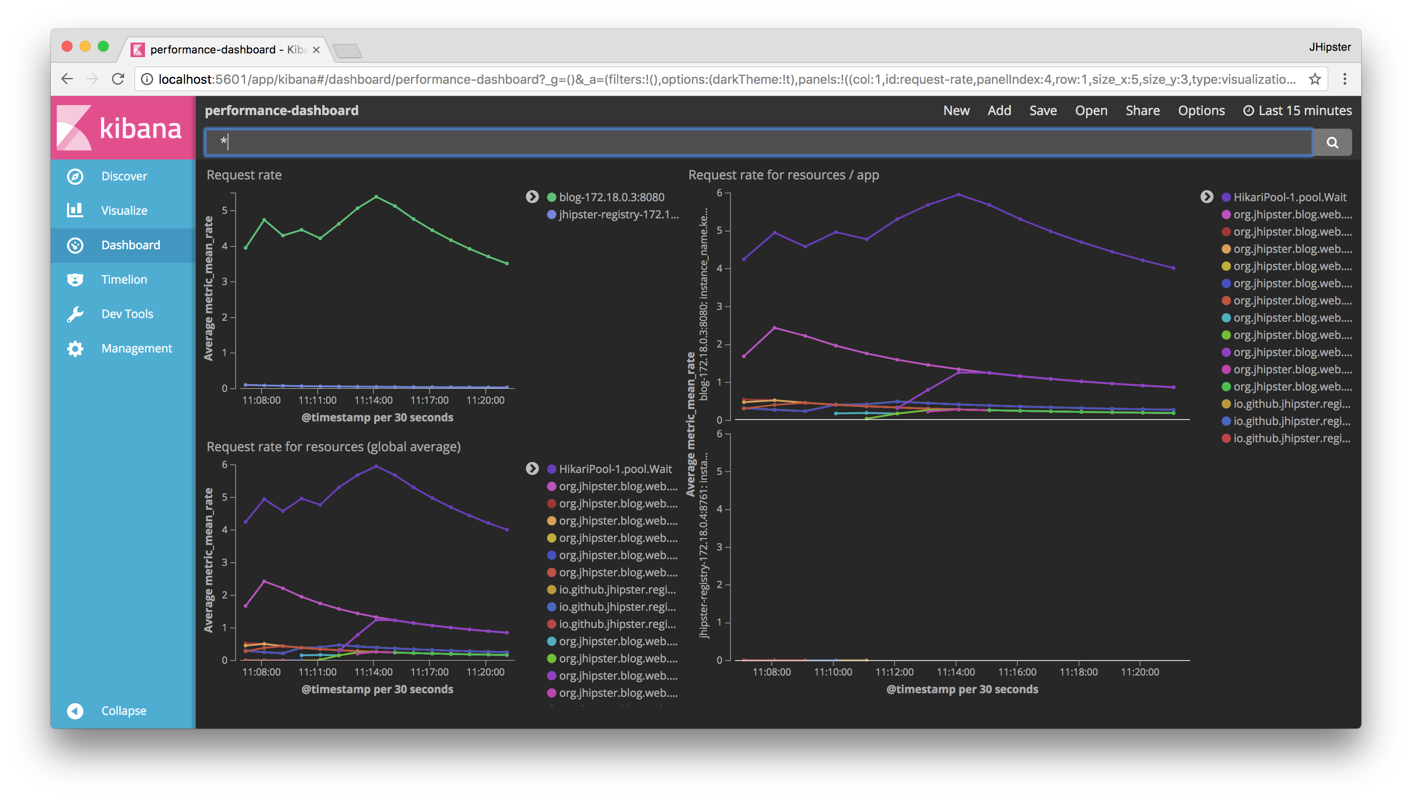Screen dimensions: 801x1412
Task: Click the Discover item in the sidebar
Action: pyautogui.click(x=124, y=176)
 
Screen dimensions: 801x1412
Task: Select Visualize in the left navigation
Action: pyautogui.click(x=124, y=211)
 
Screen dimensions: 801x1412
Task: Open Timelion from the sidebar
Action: pyautogui.click(x=124, y=280)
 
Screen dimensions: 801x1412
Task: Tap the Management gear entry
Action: pyautogui.click(x=136, y=348)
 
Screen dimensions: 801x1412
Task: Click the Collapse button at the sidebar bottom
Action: pyautogui.click(x=123, y=711)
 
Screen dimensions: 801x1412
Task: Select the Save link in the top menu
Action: pyautogui.click(x=1043, y=111)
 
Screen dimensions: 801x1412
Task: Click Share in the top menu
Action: pyautogui.click(x=1142, y=111)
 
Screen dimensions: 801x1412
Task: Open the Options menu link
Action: pyautogui.click(x=1201, y=111)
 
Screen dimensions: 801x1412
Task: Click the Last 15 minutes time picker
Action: pyautogui.click(x=1297, y=111)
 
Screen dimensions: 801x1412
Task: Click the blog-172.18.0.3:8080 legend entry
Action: pyautogui.click(x=611, y=197)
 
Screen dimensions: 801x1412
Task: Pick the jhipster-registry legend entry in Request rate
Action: pyautogui.click(x=618, y=215)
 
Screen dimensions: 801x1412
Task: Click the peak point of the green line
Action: pyautogui.click(x=377, y=197)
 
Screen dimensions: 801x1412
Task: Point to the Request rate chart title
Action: pyautogui.click(x=244, y=175)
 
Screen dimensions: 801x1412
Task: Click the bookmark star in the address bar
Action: pyautogui.click(x=1315, y=79)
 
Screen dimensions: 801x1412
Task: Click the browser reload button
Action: pyautogui.click(x=118, y=79)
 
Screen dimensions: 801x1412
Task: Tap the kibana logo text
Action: pyautogui.click(x=140, y=128)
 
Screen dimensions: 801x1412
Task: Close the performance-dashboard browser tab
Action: pyautogui.click(x=316, y=50)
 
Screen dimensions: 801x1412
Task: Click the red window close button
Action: pyautogui.click(x=67, y=46)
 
